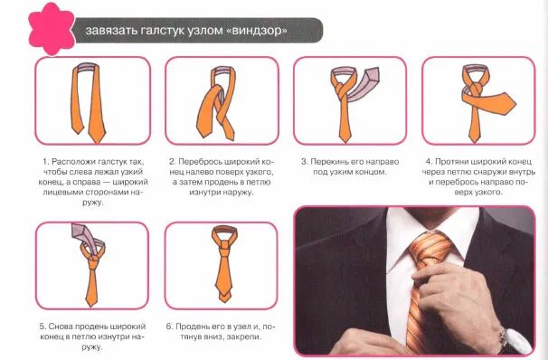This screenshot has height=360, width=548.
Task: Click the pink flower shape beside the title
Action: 52,29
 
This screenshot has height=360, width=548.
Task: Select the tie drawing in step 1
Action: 89,103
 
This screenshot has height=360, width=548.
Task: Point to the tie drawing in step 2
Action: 217,103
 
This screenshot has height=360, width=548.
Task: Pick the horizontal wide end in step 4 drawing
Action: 489,100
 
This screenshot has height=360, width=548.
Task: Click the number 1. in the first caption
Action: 46,162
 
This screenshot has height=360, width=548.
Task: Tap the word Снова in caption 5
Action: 60,327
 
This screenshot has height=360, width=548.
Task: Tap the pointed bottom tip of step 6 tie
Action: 223,302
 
